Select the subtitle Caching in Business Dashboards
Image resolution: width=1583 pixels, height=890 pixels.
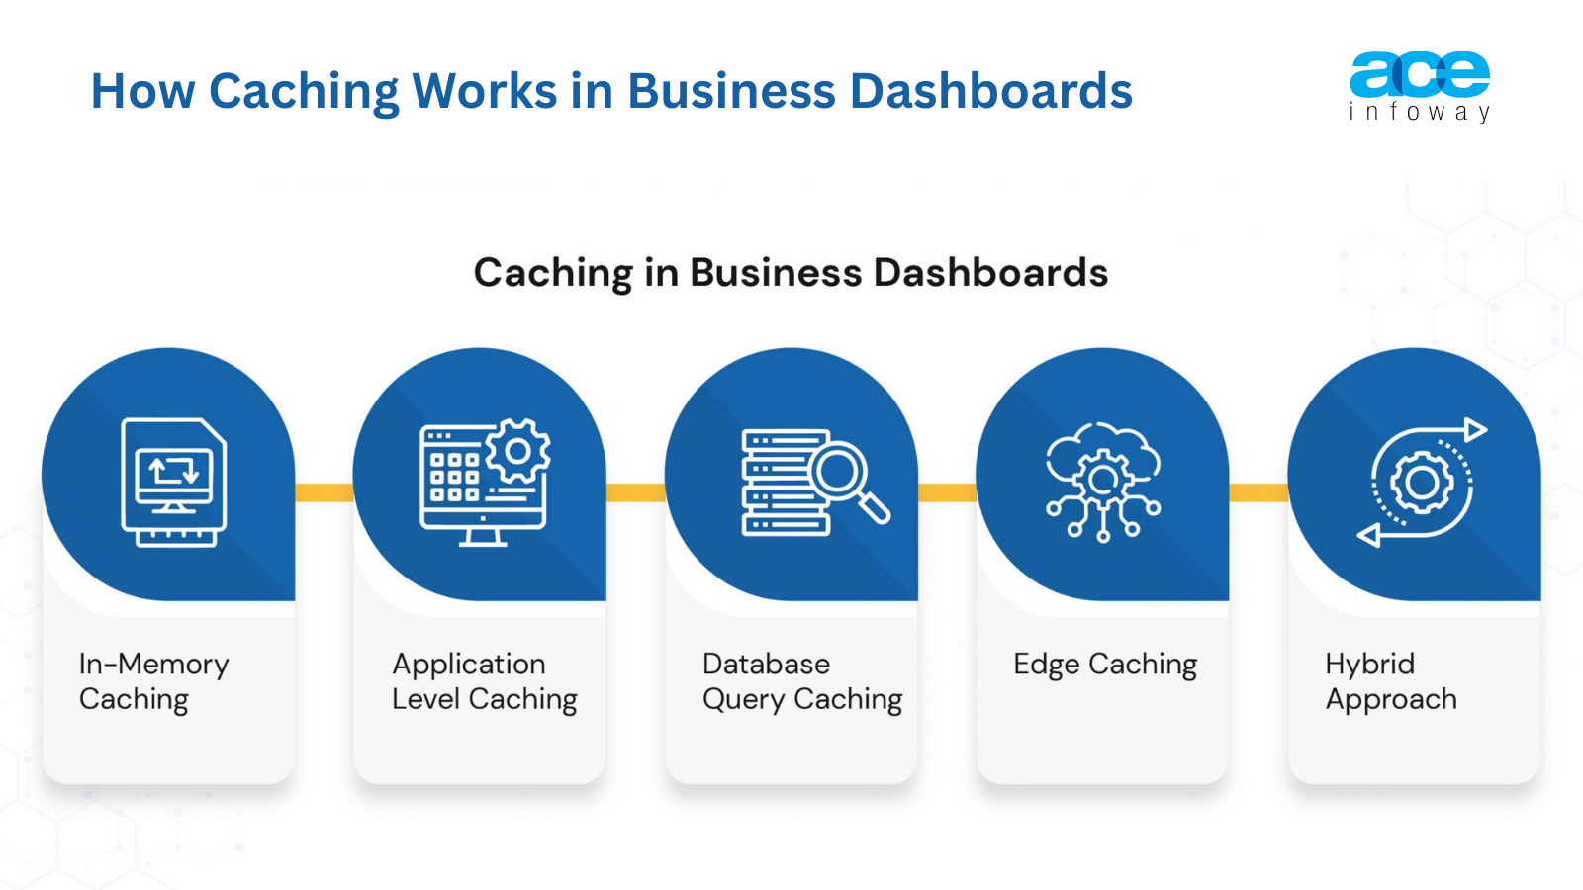pos(791,273)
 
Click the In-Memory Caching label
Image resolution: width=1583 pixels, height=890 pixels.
pos(153,681)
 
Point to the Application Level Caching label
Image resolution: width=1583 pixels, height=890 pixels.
pos(484,681)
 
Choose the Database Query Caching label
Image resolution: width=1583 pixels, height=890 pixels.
pos(801,681)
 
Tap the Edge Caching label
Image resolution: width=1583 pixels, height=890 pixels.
pos(1104,664)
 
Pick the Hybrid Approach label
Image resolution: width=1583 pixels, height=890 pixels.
pos(1390,681)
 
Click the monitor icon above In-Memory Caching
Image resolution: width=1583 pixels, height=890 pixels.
pos(174,482)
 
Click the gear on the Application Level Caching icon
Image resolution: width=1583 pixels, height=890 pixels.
pos(517,451)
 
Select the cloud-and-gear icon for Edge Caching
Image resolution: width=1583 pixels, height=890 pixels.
pos(1102,481)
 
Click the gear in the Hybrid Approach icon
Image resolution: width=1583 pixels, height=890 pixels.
pos(1422,483)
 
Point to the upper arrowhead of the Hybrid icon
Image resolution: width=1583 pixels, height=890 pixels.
pos(1475,430)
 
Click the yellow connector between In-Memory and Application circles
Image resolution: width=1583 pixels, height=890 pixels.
pos(324,491)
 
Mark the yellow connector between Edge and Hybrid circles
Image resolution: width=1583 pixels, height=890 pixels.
pos(1258,491)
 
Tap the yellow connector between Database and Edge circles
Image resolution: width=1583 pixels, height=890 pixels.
pos(947,491)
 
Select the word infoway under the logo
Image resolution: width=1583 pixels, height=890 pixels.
pos(1419,112)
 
